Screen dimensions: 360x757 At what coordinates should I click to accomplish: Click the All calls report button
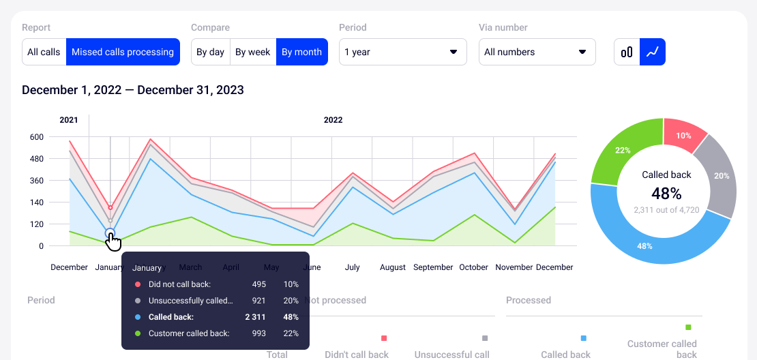tap(44, 52)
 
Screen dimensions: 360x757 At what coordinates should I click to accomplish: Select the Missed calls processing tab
tap(123, 52)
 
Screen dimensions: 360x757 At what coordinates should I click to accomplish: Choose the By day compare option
tap(210, 52)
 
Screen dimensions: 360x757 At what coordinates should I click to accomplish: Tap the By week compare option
tap(253, 52)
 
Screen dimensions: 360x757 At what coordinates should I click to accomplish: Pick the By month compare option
tap(301, 52)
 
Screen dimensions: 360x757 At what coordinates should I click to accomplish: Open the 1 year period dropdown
tap(402, 52)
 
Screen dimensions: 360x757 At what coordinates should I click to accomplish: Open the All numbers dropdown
tap(537, 52)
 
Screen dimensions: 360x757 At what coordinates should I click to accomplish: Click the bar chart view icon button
tap(627, 52)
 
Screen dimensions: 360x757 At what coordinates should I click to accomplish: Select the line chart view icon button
tap(653, 52)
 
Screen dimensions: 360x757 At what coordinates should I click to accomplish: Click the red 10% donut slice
tap(684, 135)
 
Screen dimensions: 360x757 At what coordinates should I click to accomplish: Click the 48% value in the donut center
tap(666, 193)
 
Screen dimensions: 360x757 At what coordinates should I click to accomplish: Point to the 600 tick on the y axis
tap(35, 137)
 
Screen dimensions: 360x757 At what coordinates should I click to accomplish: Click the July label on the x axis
tap(352, 267)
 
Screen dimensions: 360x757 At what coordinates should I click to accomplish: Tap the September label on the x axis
tap(433, 267)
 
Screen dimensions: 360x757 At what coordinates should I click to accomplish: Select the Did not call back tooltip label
tap(179, 284)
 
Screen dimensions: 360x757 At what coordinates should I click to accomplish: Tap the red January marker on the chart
tap(110, 207)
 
